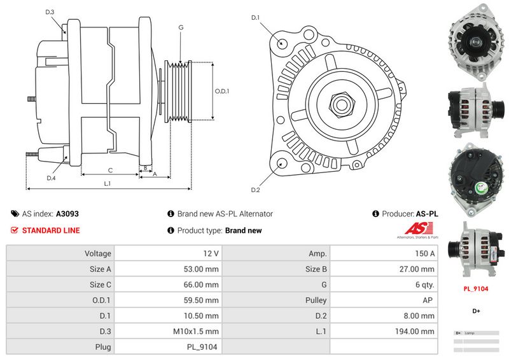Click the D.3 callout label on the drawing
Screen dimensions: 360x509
pos(50,12)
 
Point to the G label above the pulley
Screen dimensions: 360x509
pos(181,27)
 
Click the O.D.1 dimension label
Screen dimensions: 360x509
pos(221,91)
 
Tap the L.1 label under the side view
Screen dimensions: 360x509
pos(108,183)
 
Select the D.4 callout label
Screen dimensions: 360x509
pos(51,178)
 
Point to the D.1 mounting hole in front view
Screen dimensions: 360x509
pos(282,43)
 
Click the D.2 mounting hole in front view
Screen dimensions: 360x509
pos(281,163)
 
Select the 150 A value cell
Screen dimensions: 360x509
pos(424,253)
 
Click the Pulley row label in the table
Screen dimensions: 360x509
pos(316,300)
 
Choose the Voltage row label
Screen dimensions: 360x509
pos(98,253)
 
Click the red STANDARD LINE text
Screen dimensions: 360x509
pos(51,230)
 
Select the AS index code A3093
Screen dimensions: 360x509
pos(67,214)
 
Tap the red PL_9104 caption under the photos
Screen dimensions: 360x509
pos(475,288)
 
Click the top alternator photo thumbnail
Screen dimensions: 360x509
pos(475,39)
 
